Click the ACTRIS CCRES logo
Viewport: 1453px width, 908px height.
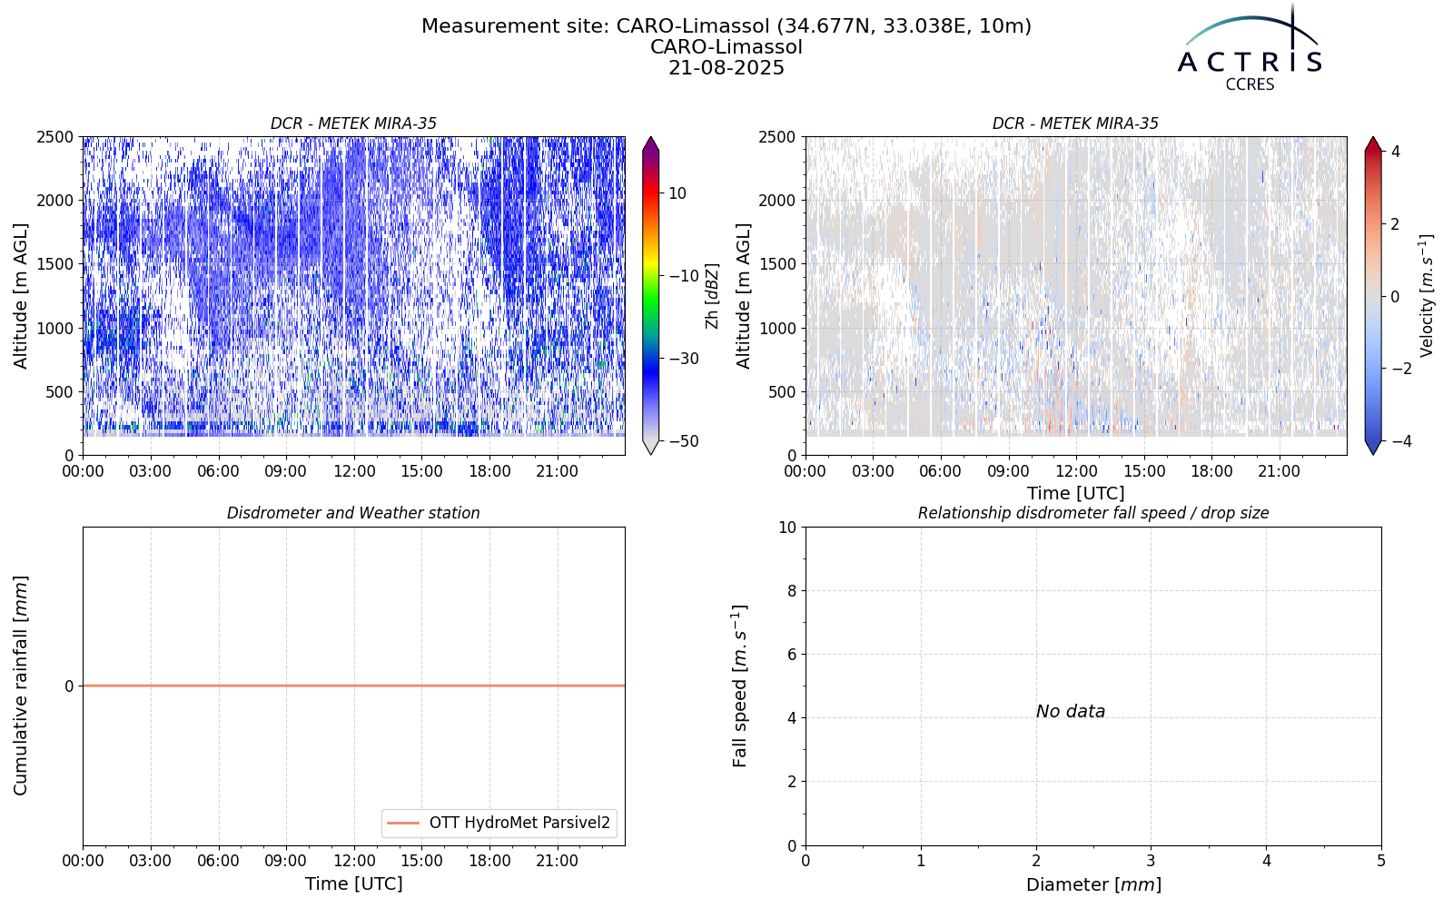[1250, 49]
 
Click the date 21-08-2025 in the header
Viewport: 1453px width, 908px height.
[726, 68]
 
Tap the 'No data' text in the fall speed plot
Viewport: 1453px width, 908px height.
[1071, 712]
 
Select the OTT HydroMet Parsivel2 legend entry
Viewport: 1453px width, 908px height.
[499, 823]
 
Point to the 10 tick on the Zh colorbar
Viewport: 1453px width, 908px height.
[677, 193]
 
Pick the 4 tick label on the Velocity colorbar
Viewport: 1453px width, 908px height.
[1395, 152]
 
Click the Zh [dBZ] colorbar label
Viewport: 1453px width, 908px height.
[712, 296]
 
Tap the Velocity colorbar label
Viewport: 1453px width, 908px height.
[1426, 296]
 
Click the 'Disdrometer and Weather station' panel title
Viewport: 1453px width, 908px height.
[353, 513]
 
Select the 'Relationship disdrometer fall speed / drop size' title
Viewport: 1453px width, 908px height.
[1093, 513]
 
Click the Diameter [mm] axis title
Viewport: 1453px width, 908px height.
[1093, 884]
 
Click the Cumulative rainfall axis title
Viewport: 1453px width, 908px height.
[20, 686]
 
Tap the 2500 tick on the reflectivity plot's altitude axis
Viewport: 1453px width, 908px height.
[55, 137]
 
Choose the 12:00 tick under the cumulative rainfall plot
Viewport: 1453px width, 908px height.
[354, 862]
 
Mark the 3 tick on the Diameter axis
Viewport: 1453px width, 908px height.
[1151, 862]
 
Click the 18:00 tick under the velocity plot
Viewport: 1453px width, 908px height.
[1211, 471]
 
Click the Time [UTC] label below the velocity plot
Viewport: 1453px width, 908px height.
[1076, 494]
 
